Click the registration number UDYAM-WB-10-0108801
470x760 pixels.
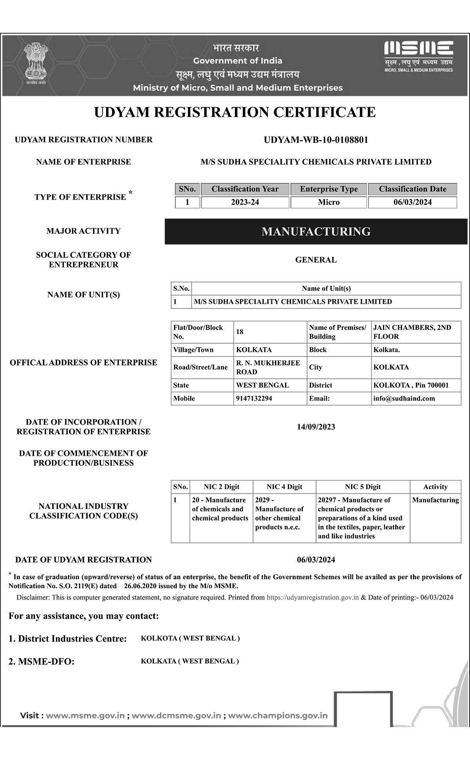(x=316, y=140)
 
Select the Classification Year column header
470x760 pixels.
(x=245, y=189)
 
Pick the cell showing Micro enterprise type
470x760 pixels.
(x=329, y=202)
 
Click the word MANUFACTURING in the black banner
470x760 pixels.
(x=316, y=231)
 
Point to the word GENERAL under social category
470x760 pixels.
(x=316, y=260)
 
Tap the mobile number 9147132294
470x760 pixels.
(x=254, y=398)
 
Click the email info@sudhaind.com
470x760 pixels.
(x=404, y=398)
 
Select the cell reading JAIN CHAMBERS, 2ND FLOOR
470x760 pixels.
(x=412, y=332)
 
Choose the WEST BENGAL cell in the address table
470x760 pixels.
(x=262, y=385)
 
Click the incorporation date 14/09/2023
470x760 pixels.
(x=316, y=427)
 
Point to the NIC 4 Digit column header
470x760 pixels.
(x=284, y=487)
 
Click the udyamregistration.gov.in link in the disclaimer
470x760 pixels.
(x=313, y=597)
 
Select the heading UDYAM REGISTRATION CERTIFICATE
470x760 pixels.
(x=235, y=112)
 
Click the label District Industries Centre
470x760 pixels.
(x=68, y=639)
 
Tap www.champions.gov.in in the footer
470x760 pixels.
(x=278, y=715)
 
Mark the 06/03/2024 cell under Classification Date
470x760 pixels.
(x=412, y=202)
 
